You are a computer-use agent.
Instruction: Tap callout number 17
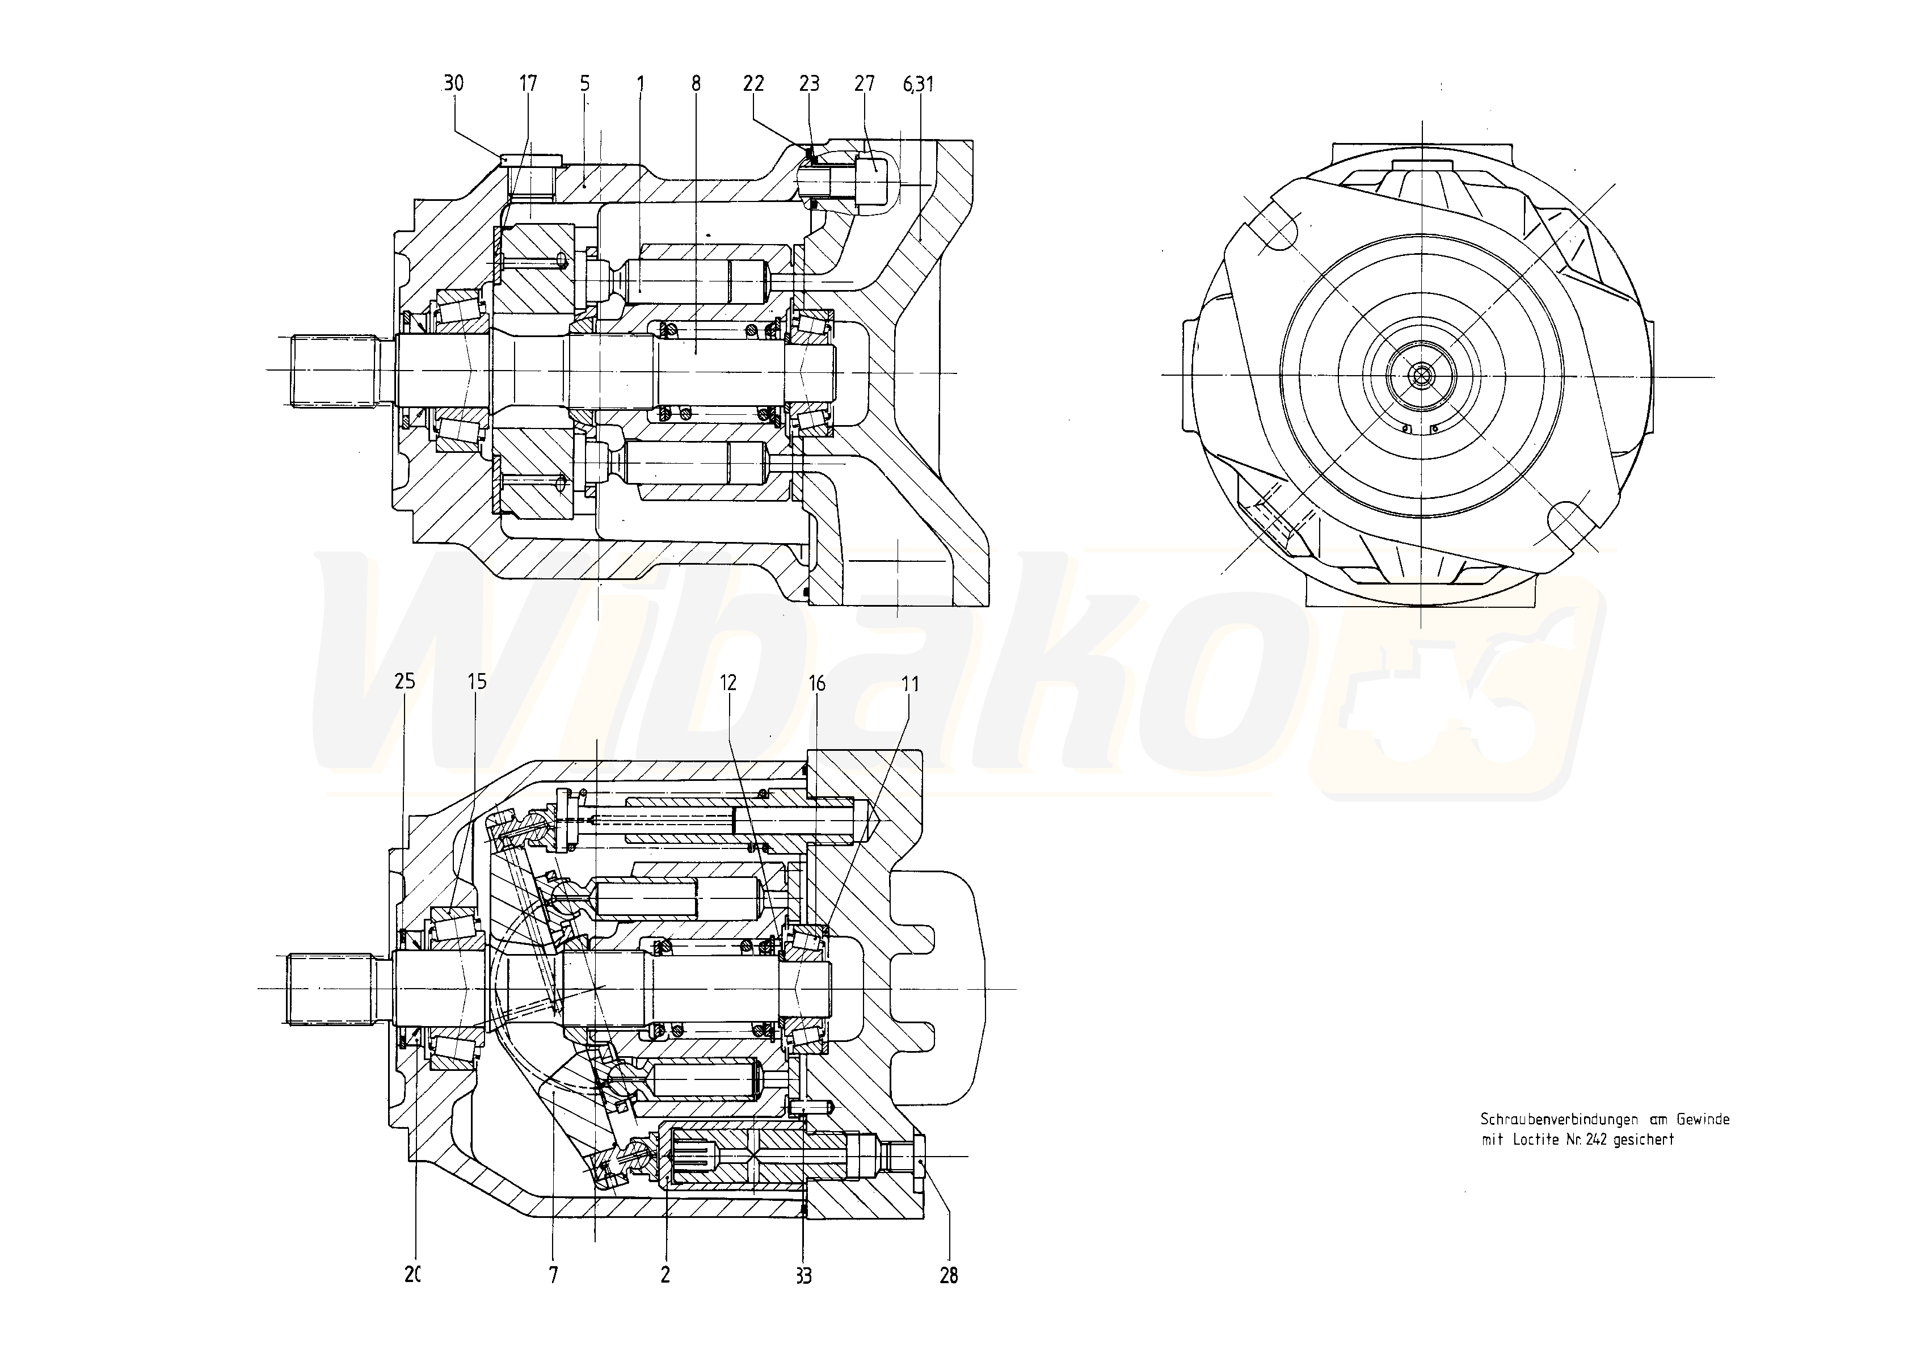[x=528, y=83]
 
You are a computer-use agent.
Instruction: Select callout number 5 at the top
[x=585, y=83]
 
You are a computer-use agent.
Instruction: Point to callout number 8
[x=696, y=83]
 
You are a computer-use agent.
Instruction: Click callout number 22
[x=753, y=83]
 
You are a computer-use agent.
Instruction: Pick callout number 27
[x=865, y=83]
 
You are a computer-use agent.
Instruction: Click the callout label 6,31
[x=919, y=84]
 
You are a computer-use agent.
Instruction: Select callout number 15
[x=477, y=681]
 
